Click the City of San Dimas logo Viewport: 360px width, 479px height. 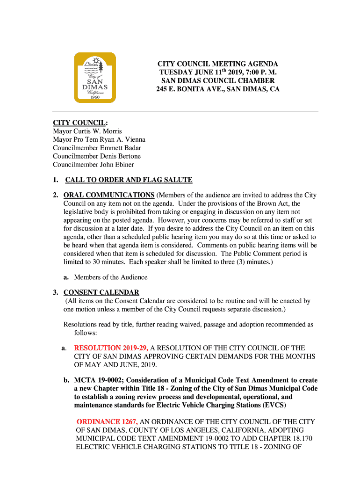[x=94, y=77]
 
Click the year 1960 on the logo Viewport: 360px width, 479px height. [x=95, y=97]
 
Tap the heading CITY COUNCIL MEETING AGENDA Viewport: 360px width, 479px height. [x=217, y=64]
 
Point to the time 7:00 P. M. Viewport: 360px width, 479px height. [x=257, y=72]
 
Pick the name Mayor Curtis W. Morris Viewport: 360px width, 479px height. [x=87, y=131]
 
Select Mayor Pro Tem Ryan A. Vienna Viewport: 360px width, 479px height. [x=99, y=139]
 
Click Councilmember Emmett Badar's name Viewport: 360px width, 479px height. [x=97, y=148]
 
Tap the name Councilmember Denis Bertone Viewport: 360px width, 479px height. [x=97, y=156]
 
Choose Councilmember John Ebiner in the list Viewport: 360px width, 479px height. [x=93, y=165]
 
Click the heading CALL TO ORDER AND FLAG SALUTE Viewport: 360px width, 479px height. [x=129, y=180]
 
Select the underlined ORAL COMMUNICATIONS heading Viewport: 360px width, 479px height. [x=109, y=195]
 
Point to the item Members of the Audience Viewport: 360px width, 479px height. [x=110, y=277]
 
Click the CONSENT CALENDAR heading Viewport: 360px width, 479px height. [x=101, y=293]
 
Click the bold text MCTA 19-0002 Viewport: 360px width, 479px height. [x=97, y=380]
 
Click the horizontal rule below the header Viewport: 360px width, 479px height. [x=185, y=111]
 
